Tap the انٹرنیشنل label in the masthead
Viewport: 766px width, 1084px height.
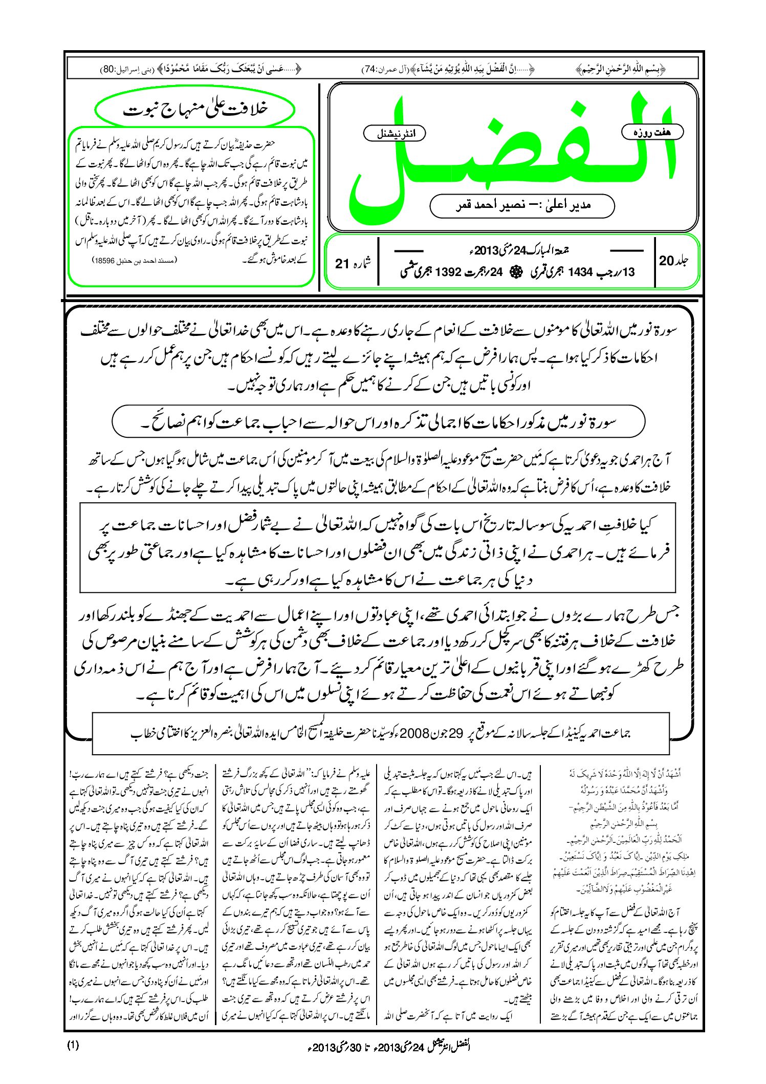(x=393, y=134)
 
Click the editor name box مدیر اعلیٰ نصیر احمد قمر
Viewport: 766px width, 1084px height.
(x=522, y=205)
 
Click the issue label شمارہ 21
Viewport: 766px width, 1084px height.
(x=353, y=263)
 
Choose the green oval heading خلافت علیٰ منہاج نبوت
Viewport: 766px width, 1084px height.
(x=196, y=110)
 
